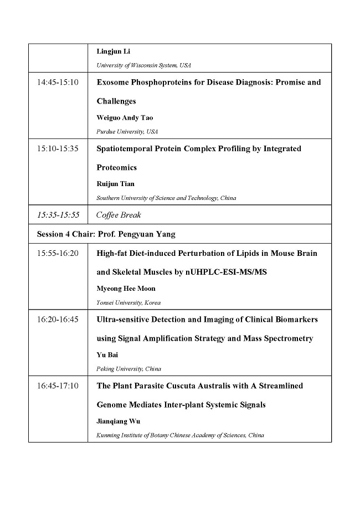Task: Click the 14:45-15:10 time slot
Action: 58,83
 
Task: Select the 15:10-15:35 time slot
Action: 58,149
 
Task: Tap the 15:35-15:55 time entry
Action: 58,215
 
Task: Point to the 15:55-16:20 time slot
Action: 58,254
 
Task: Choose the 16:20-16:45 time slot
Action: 58,320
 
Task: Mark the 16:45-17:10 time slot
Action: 58,386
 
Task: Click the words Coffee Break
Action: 119,215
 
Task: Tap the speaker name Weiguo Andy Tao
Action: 125,118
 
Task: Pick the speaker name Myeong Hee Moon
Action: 126,289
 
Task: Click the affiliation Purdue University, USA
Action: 127,132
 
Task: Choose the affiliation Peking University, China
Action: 128,369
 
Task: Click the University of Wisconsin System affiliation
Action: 143,65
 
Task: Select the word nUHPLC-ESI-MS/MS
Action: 227,273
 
